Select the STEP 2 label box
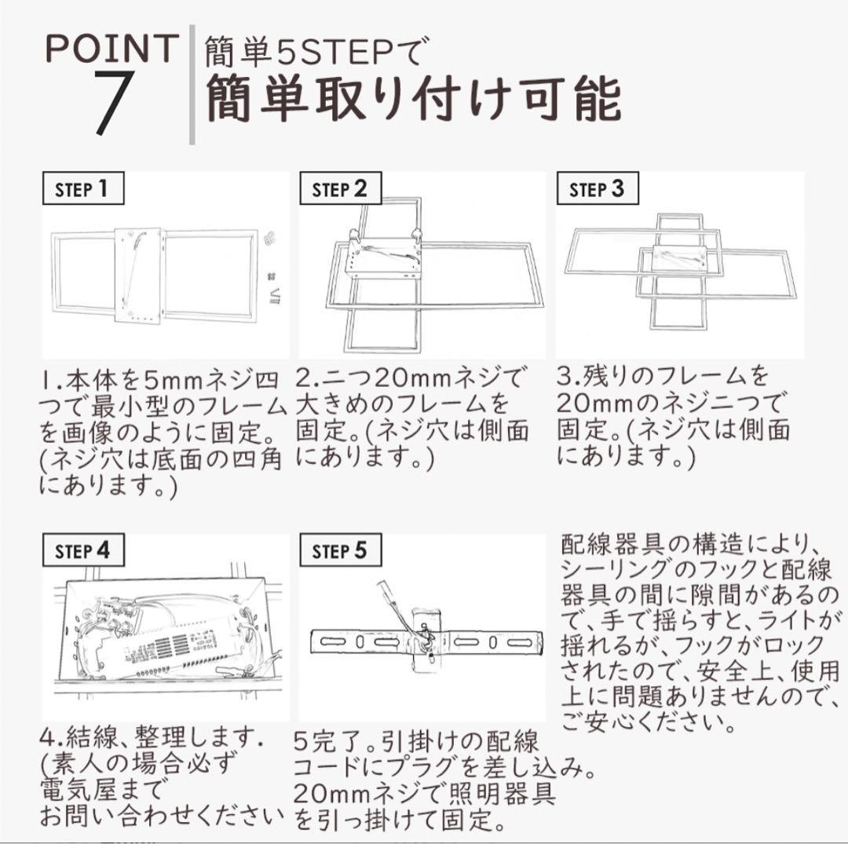(x=339, y=189)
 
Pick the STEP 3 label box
(x=596, y=189)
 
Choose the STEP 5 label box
(x=339, y=550)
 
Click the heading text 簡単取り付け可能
(x=414, y=100)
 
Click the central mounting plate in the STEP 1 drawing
(x=138, y=275)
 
